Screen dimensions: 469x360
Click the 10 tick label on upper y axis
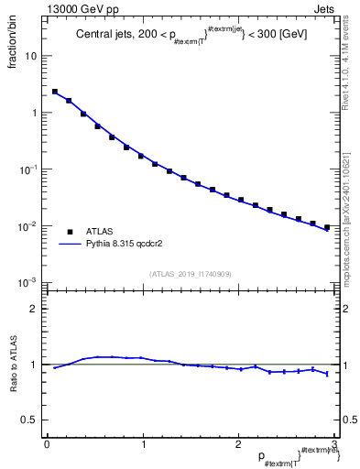pos(31,56)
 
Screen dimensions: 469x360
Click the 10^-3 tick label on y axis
pos(29,283)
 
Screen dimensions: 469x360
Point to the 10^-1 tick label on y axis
pos(29,169)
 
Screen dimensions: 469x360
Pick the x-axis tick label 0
pos(46,445)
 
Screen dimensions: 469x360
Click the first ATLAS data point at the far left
pos(55,92)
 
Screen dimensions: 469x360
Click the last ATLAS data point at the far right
pos(327,227)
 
